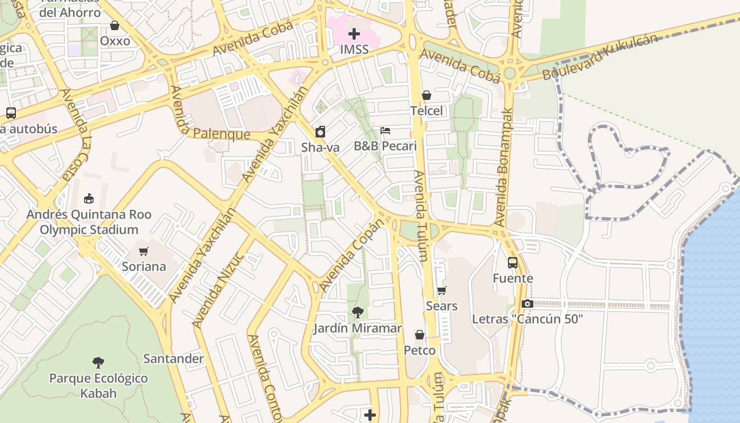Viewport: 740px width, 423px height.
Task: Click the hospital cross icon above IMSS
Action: pos(354,34)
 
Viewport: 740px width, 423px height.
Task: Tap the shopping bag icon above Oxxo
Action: pos(115,25)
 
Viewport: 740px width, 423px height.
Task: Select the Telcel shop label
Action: pos(427,111)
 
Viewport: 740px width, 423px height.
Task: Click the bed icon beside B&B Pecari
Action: pos(385,131)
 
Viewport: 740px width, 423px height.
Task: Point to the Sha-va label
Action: pos(320,148)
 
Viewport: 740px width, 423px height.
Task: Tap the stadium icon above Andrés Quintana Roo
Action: pos(89,199)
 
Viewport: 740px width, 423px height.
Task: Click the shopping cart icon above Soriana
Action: pos(144,251)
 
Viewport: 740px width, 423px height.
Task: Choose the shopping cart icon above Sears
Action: pos(442,290)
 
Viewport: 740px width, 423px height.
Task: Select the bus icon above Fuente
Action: pos(513,262)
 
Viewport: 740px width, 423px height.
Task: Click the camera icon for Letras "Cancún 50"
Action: pos(527,304)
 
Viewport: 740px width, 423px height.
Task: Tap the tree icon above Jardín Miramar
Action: pos(358,312)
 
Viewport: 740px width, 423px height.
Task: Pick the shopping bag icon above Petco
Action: pos(420,335)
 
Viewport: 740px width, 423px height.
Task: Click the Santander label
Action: pos(173,359)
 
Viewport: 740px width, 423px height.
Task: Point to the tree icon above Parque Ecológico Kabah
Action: pos(98,363)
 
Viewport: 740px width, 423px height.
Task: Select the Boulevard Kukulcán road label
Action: pos(601,57)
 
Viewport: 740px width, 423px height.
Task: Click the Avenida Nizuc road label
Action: pos(218,289)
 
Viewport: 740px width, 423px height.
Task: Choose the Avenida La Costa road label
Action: pos(76,135)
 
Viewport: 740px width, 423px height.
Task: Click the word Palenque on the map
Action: pos(221,134)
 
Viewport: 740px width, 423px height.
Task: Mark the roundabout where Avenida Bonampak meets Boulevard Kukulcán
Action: pos(510,73)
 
